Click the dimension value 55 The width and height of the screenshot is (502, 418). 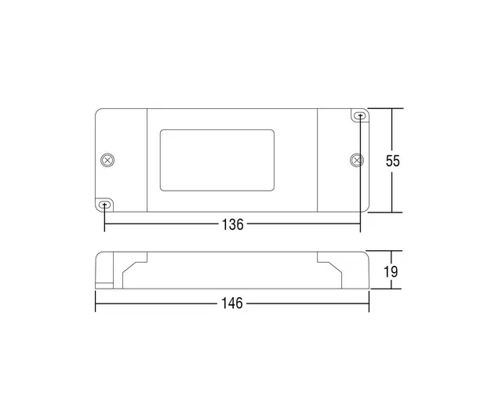point(393,161)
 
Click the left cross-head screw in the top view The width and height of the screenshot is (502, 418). point(108,160)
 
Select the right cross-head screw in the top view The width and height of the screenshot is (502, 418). point(357,160)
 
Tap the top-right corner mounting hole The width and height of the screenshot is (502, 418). point(360,117)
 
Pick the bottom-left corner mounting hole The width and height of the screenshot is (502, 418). point(105,205)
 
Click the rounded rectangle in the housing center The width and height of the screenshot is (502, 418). point(216,161)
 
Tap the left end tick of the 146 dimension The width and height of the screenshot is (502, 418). point(95,304)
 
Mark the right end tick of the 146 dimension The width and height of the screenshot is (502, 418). point(369,304)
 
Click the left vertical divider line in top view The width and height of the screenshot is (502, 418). point(147,161)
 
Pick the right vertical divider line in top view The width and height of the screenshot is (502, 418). point(318,161)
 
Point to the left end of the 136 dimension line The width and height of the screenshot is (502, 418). point(105,224)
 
